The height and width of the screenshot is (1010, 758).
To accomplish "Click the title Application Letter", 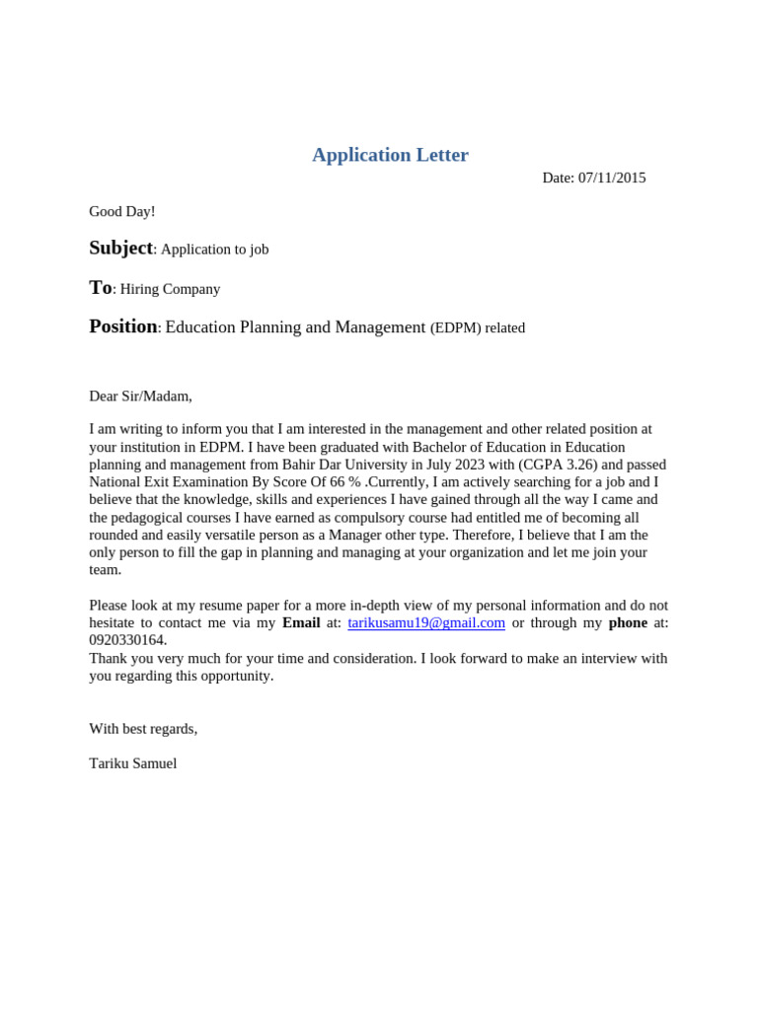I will click(390, 155).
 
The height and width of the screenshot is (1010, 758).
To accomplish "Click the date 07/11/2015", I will click(611, 178).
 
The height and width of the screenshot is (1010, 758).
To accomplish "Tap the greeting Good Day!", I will click(122, 211).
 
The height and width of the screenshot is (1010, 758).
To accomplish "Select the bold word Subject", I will click(120, 249).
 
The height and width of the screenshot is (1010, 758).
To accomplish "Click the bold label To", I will click(100, 288).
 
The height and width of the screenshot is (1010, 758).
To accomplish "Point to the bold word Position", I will click(122, 326).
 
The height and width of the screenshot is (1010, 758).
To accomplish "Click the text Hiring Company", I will click(170, 289).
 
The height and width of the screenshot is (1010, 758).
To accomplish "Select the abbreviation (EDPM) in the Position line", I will click(455, 327).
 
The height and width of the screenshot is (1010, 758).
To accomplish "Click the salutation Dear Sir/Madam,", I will click(140, 396).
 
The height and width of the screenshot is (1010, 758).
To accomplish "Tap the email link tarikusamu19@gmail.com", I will click(426, 622).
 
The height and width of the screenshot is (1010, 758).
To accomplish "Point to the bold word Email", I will click(301, 622).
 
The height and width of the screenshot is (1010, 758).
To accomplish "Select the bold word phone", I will click(628, 622).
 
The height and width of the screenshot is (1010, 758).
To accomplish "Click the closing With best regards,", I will click(143, 728).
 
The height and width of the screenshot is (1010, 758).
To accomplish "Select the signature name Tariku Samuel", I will click(133, 763).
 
